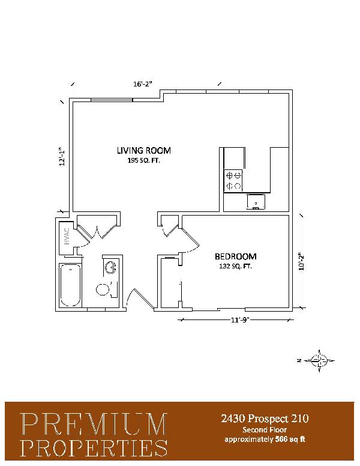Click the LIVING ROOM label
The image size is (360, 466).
[144, 150]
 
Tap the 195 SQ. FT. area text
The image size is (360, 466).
[144, 161]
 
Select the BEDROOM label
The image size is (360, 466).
[236, 256]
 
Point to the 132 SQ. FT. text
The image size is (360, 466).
[235, 266]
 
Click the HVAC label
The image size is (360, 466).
[67, 236]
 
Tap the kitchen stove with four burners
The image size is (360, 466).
[233, 180]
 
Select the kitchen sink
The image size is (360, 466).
[256, 202]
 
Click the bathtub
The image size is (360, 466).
[70, 285]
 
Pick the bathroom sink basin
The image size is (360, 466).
[111, 267]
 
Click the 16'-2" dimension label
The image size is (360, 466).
[143, 84]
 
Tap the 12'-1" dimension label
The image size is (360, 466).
[62, 157]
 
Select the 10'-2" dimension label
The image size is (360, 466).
[302, 262]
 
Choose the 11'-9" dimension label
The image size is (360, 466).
[240, 320]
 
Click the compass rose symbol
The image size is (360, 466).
[319, 360]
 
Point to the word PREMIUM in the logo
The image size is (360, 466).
[94, 424]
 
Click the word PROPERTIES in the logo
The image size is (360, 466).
[94, 448]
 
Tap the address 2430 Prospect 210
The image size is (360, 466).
[265, 419]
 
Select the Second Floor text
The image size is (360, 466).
[265, 430]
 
